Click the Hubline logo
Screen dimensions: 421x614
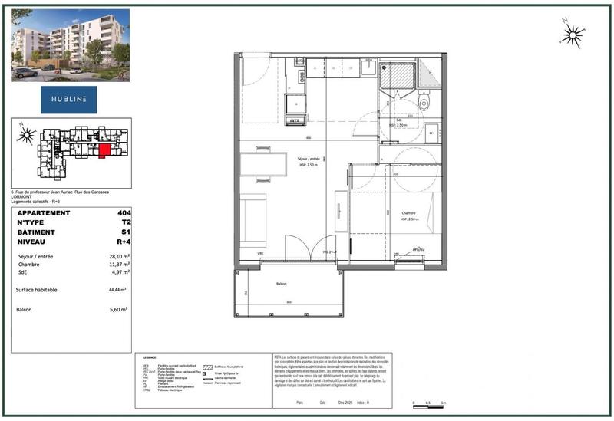click(x=70, y=100)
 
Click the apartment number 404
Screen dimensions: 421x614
click(x=123, y=213)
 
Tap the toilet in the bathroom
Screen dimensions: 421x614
click(x=427, y=102)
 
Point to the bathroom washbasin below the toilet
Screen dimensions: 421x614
click(x=432, y=131)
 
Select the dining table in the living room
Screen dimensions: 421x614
click(x=264, y=164)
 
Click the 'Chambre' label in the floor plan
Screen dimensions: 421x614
click(x=408, y=214)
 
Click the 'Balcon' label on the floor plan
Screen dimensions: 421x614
click(x=282, y=284)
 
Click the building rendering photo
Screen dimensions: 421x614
click(x=70, y=44)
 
